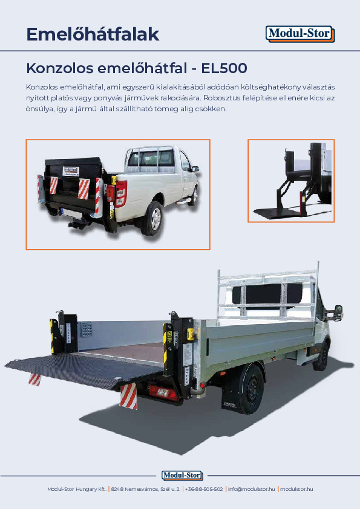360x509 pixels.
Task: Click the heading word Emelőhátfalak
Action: pos(93,34)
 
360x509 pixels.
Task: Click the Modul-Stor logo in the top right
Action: pos(300,34)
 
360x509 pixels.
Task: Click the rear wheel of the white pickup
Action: pos(152,218)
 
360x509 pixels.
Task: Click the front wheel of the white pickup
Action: pos(193,196)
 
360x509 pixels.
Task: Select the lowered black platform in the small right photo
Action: pos(278,213)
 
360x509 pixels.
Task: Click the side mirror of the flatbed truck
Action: pos(338,313)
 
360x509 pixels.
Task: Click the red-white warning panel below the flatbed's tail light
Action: pos(128,397)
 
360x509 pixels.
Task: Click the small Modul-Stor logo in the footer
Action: pos(182,475)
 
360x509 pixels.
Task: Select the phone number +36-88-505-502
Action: pos(205,488)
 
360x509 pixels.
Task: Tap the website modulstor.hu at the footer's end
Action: pos(296,488)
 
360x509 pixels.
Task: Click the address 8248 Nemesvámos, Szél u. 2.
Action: pos(146,488)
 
